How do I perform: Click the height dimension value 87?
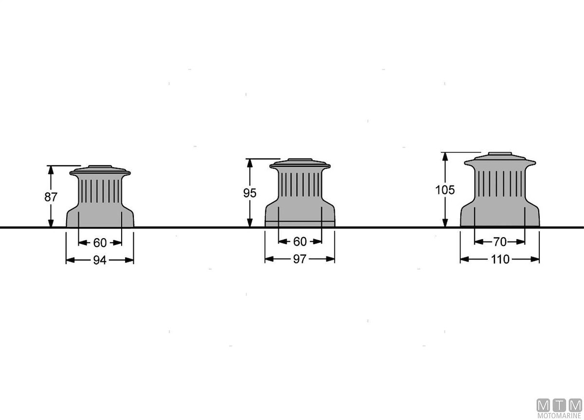point(51,197)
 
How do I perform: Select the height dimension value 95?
point(250,193)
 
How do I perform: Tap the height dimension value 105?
point(445,190)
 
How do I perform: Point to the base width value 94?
point(100,260)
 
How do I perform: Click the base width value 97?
point(300,259)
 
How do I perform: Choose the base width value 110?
point(500,260)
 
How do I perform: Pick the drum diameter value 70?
point(500,242)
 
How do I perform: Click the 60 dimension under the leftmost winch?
point(100,243)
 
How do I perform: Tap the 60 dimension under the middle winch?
point(300,242)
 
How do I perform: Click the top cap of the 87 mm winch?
point(100,170)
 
